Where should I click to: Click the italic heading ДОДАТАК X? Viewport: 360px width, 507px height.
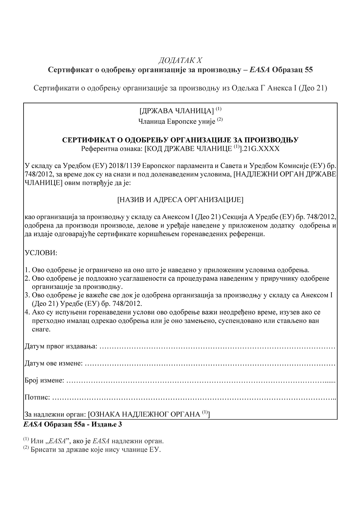[180, 60]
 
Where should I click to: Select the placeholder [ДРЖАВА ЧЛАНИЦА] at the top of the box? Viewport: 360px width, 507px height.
[177, 111]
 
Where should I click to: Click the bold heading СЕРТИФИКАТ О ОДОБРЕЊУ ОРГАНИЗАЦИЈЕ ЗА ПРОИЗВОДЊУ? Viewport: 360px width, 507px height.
[180, 140]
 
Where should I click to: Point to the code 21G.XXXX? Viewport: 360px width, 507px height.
[261, 149]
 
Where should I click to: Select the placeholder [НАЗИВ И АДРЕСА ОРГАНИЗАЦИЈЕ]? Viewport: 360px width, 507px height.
[180, 199]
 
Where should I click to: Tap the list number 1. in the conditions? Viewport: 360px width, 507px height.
[28, 270]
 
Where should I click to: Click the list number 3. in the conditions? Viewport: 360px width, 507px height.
[28, 295]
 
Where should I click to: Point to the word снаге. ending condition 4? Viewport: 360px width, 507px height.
[41, 329]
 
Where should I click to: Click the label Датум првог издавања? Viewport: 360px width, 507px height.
[61, 347]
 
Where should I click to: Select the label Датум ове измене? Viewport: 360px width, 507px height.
[54, 364]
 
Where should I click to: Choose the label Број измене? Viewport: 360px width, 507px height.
[45, 380]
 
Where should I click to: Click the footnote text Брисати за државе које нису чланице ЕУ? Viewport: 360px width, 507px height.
[95, 450]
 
